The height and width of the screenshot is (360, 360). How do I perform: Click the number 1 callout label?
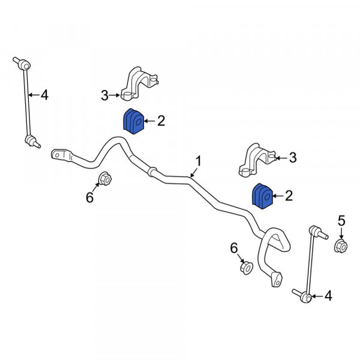coord(199,161)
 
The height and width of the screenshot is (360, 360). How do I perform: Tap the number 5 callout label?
coord(341,221)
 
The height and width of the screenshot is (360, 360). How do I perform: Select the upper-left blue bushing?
coord(133,121)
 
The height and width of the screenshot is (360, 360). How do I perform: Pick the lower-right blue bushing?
coord(262,196)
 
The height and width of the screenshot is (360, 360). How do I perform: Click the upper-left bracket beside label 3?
coord(139,83)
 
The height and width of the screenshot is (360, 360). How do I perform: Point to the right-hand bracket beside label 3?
coord(257,160)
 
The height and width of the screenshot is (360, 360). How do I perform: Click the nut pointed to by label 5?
coord(340,245)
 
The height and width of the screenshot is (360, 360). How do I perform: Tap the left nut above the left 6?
coord(104,179)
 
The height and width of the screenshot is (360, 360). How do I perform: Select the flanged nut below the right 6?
coord(247,268)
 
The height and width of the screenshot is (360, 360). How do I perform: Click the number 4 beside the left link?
coord(44,95)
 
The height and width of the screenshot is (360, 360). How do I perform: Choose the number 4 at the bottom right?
coord(328,296)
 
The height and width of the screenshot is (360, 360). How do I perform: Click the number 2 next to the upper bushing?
coord(161,121)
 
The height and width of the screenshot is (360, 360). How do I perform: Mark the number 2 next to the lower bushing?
coord(289,196)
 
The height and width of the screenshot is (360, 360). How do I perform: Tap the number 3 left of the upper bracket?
coord(104,95)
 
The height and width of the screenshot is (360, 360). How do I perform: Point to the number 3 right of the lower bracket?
coord(293,158)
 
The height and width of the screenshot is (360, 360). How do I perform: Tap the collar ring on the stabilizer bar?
coord(152,172)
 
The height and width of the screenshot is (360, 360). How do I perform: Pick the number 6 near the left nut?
coord(89,197)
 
